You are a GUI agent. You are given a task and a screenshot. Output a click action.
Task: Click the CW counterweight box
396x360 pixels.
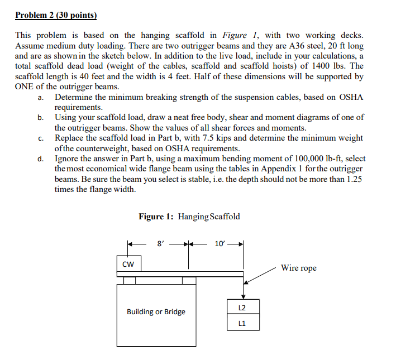[128, 263]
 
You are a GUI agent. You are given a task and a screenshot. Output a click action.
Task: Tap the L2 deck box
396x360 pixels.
[242, 308]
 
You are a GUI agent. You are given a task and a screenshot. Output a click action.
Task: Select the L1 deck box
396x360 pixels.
[242, 322]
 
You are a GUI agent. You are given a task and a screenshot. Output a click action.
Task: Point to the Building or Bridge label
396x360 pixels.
[156, 311]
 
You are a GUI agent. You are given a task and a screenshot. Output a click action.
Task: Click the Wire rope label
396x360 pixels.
[298, 268]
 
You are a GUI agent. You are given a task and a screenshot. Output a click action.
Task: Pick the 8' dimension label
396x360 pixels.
[161, 243]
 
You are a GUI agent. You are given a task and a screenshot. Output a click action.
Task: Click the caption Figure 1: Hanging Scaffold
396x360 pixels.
[189, 217]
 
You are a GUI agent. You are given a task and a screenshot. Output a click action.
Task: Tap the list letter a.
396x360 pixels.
[40, 97]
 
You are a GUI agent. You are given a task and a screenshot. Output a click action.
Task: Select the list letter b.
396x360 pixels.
[40, 117]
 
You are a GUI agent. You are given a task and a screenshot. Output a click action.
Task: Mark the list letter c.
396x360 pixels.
[40, 138]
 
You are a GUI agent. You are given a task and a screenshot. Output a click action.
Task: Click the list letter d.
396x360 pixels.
[40, 159]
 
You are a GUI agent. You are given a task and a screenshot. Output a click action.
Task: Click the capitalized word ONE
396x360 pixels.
[25, 87]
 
